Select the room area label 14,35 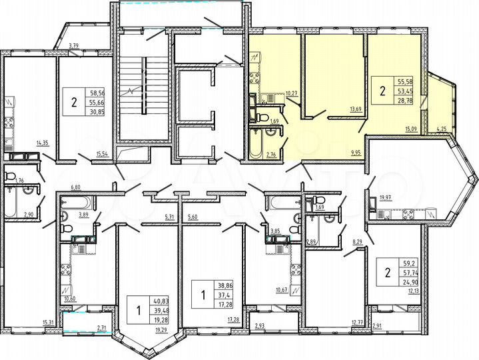[43, 143]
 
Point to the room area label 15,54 [103, 154]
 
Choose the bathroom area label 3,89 [83, 215]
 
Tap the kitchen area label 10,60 [69, 299]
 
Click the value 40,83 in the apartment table [161, 300]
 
